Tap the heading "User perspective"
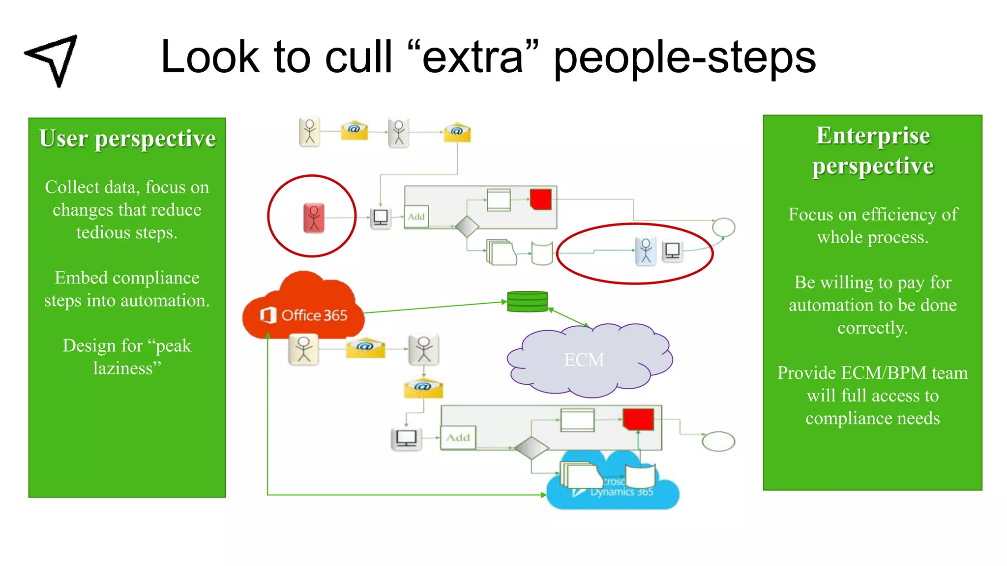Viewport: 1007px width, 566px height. click(x=127, y=139)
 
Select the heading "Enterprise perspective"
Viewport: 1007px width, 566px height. click(x=873, y=150)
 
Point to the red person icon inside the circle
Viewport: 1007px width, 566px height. click(x=314, y=218)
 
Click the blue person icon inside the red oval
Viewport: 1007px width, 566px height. click(x=646, y=251)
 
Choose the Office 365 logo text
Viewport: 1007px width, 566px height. click(x=314, y=315)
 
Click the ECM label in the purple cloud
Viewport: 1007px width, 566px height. click(x=584, y=360)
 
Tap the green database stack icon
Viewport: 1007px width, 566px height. click(x=527, y=302)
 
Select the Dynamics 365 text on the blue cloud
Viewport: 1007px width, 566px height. click(x=622, y=492)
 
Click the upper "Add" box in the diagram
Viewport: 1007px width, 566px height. click(x=416, y=217)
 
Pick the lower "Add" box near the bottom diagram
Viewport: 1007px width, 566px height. click(x=458, y=437)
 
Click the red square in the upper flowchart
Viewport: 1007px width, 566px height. click(x=541, y=199)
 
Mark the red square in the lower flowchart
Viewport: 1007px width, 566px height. click(x=638, y=419)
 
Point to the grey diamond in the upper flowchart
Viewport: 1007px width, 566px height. click(x=467, y=226)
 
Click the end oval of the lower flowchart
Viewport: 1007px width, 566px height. click(x=718, y=441)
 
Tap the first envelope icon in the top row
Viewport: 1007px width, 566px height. click(x=354, y=130)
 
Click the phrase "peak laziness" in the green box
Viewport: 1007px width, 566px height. click(x=127, y=357)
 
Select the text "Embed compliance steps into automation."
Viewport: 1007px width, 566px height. click(x=127, y=289)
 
